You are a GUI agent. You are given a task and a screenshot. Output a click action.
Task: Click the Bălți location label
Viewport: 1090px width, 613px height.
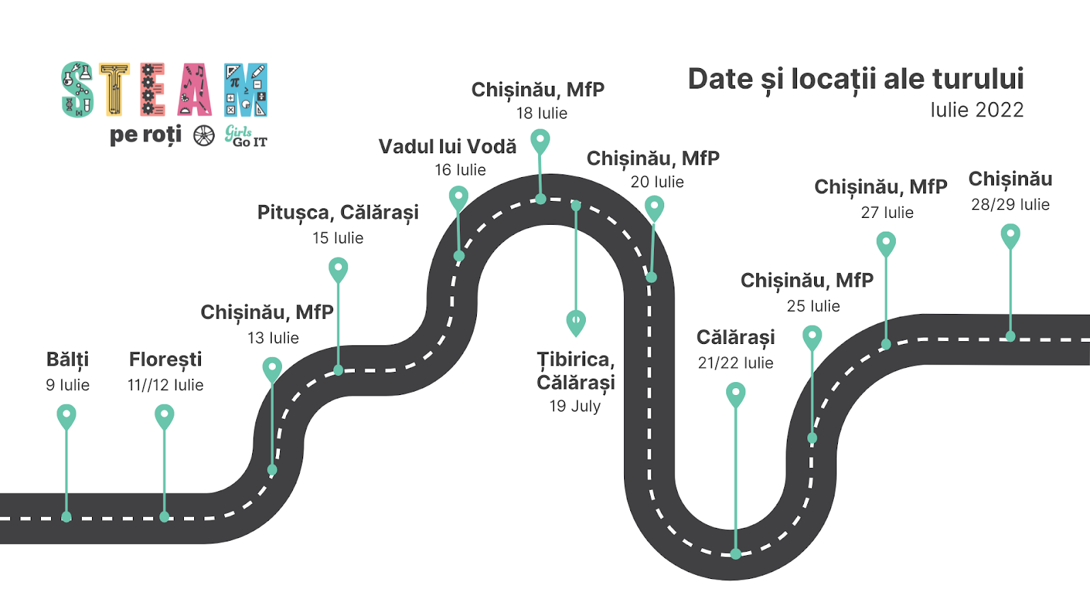[67, 360]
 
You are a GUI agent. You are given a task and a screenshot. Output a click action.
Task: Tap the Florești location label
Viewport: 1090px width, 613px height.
[166, 360]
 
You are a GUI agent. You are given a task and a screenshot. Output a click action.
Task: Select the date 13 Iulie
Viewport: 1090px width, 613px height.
[273, 338]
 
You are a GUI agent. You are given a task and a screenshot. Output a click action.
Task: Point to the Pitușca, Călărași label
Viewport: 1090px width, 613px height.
[338, 213]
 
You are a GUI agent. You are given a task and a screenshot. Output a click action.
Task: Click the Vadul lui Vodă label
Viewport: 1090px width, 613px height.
[448, 147]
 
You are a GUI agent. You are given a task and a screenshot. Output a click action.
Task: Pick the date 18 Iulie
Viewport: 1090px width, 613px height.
[542, 113]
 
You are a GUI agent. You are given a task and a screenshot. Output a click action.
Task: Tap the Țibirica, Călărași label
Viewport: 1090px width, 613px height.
[576, 371]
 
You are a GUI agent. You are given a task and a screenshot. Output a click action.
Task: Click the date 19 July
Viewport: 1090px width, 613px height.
[575, 406]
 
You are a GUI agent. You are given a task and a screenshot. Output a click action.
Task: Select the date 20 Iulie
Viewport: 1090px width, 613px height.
[657, 182]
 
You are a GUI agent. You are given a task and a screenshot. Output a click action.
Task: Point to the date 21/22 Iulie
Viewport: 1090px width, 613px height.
[735, 363]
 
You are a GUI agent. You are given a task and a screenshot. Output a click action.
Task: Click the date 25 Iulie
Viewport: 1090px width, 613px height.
[813, 306]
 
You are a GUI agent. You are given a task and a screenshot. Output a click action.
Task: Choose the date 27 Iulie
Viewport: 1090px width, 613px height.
[887, 213]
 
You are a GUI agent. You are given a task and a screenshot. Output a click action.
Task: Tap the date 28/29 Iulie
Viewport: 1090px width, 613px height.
[1010, 204]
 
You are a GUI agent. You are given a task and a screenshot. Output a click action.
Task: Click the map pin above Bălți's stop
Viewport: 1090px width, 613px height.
[66, 415]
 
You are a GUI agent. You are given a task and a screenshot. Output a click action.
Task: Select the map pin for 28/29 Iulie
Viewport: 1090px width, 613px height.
[1010, 236]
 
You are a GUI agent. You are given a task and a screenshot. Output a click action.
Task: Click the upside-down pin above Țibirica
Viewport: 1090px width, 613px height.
[576, 322]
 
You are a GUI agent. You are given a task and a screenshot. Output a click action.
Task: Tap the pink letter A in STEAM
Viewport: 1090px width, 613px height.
[195, 90]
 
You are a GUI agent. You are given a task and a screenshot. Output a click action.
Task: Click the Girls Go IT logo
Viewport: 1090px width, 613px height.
[246, 136]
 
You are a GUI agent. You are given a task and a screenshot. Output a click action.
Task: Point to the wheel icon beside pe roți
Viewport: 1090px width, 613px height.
[204, 136]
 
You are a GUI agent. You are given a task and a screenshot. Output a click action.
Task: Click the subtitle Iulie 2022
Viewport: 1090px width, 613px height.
[977, 110]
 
